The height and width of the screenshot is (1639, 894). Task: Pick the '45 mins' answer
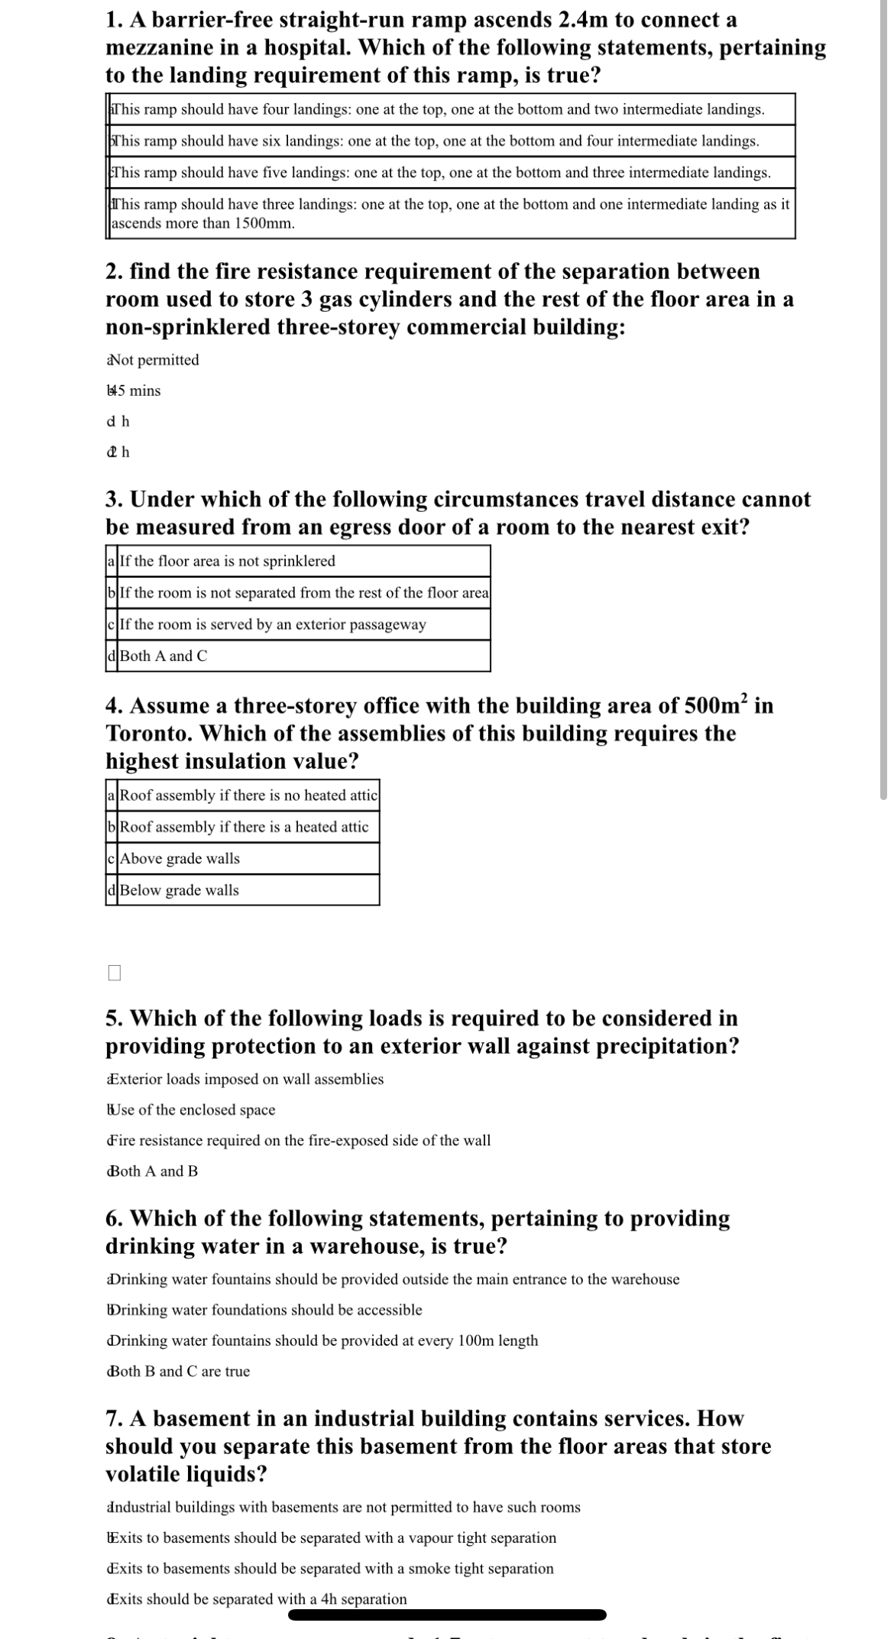134,390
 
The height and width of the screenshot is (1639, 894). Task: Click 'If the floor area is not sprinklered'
227,561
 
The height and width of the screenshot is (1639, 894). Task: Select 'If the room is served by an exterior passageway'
273,624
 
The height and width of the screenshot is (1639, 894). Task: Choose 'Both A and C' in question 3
163,656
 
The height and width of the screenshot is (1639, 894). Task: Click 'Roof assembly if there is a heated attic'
244,827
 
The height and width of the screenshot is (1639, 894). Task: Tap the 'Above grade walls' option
180,858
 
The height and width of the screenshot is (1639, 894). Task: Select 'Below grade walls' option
179,890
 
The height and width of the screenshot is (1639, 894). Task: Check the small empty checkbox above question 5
115,973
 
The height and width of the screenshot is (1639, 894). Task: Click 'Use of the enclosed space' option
192,1109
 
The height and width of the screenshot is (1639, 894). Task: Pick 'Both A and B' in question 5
153,1171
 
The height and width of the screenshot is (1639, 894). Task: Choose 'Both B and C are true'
179,1371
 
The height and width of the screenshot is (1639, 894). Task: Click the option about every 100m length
323,1340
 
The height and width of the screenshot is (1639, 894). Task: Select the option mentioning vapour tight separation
332,1537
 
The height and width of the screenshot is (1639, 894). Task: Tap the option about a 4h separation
257,1599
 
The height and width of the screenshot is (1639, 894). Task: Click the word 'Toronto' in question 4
148,734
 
